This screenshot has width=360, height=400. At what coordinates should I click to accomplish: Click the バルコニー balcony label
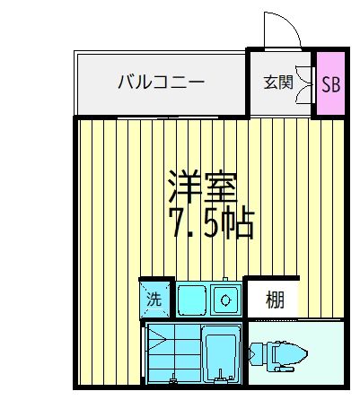(x=161, y=83)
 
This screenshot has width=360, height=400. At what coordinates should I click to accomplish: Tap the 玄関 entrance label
(x=277, y=83)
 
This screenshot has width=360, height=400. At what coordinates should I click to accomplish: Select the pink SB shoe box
(x=330, y=83)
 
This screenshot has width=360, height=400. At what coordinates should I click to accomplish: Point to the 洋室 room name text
(x=200, y=187)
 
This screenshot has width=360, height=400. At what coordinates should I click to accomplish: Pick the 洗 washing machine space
(x=154, y=300)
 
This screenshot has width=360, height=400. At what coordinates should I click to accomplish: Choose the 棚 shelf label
(x=275, y=300)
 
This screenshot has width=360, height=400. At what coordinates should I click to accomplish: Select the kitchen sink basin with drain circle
(x=226, y=298)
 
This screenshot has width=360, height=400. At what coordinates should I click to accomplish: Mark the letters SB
(x=331, y=83)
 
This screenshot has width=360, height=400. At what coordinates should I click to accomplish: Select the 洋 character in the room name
(x=180, y=187)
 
